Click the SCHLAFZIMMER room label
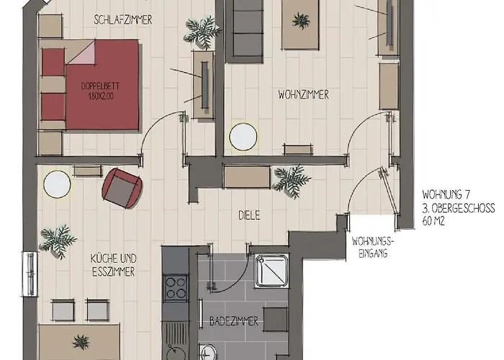[x=123, y=20]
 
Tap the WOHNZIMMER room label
[x=303, y=94]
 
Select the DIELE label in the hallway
[x=249, y=215]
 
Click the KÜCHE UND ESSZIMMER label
[x=113, y=264]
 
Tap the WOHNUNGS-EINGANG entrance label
[x=372, y=247]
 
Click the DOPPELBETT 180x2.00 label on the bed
[x=102, y=90]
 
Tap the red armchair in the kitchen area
[x=121, y=187]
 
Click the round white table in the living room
[x=243, y=137]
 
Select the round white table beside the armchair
[x=57, y=185]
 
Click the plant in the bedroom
[x=202, y=30]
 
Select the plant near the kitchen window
[x=58, y=240]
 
